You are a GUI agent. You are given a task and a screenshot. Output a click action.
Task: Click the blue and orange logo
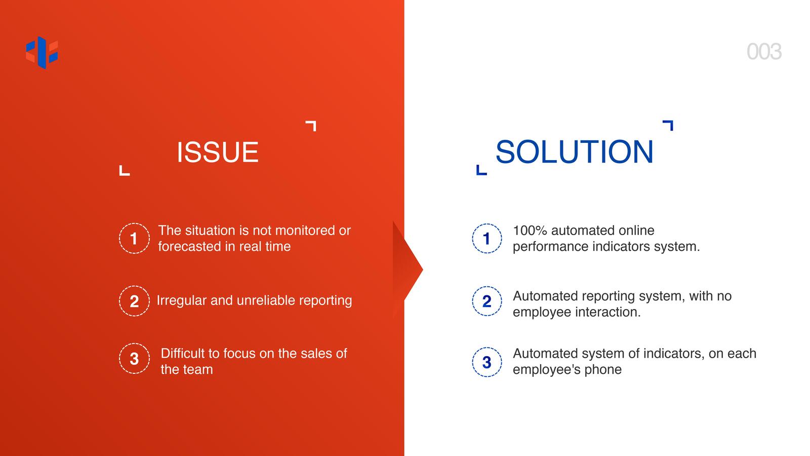(x=42, y=53)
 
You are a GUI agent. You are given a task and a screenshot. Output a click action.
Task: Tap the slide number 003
(x=764, y=52)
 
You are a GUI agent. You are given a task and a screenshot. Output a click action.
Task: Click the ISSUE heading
(x=218, y=152)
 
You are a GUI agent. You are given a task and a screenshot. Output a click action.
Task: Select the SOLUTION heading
(x=575, y=151)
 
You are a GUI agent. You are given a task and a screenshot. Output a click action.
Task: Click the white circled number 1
(x=134, y=239)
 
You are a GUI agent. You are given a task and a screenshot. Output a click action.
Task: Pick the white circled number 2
(x=134, y=301)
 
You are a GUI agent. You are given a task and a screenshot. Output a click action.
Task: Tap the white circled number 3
(x=134, y=359)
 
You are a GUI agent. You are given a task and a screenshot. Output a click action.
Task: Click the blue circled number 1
(x=487, y=239)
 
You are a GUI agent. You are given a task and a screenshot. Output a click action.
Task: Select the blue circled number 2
(x=487, y=301)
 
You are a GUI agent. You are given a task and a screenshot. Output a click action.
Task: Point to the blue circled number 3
(x=487, y=362)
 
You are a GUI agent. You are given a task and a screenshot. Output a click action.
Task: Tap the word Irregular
(x=182, y=301)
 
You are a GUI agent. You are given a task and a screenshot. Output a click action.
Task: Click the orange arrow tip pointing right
(x=423, y=269)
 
